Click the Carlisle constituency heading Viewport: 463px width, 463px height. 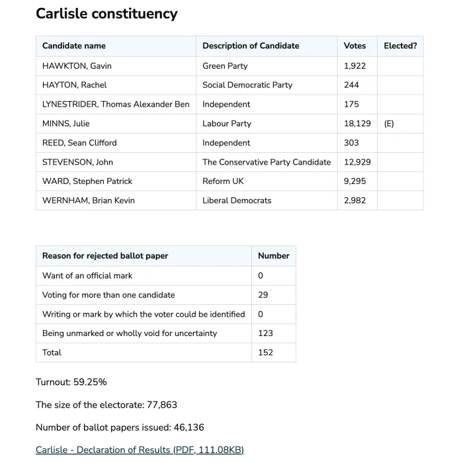[106, 14]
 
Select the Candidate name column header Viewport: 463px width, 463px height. [74, 46]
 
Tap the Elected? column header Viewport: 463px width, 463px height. [400, 46]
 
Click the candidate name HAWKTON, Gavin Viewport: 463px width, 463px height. [77, 65]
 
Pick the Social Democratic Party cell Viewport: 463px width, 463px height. [247, 85]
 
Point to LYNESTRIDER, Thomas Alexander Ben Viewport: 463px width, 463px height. [116, 104]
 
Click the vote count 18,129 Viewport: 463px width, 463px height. [357, 123]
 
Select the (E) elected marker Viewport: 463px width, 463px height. [389, 123]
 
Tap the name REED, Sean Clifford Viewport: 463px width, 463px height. [80, 142]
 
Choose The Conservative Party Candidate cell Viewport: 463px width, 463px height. [267, 161]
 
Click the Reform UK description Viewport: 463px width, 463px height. [223, 181]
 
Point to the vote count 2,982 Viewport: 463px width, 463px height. [355, 200]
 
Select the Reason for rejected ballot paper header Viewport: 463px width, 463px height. [105, 255]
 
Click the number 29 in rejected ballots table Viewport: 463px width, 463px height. [263, 294]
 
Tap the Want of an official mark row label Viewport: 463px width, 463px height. [87, 275]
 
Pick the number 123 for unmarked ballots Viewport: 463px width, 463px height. [265, 333]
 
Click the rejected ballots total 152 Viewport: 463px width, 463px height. [265, 352]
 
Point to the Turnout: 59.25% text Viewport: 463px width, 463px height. [71, 382]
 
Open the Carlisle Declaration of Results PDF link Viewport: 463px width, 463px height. [140, 450]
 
